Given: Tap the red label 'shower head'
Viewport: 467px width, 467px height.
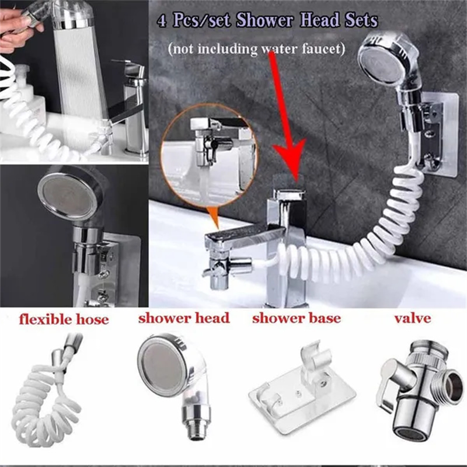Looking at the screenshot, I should point(183,319).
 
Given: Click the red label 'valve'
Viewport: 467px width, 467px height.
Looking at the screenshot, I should point(413,318).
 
